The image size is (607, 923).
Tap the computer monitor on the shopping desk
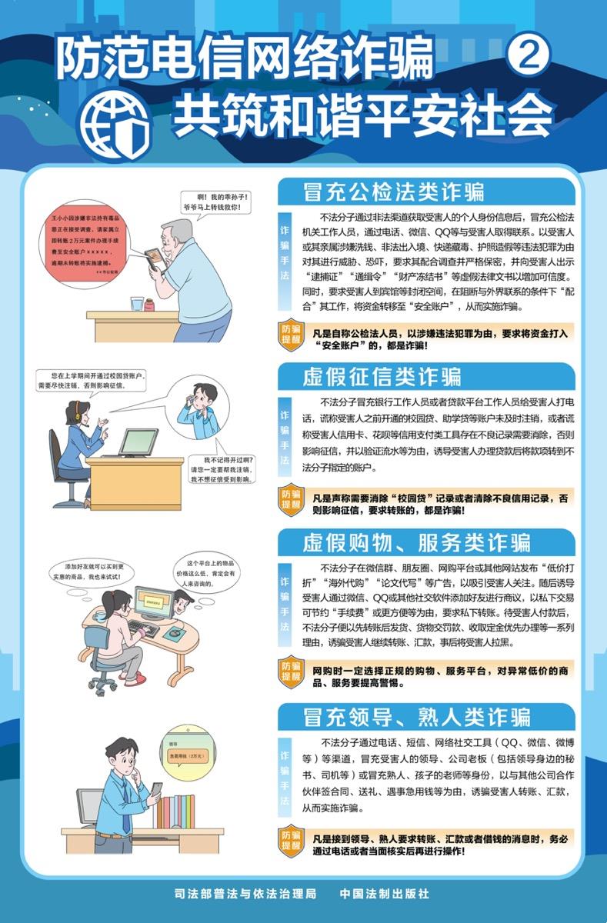pos(153,603)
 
